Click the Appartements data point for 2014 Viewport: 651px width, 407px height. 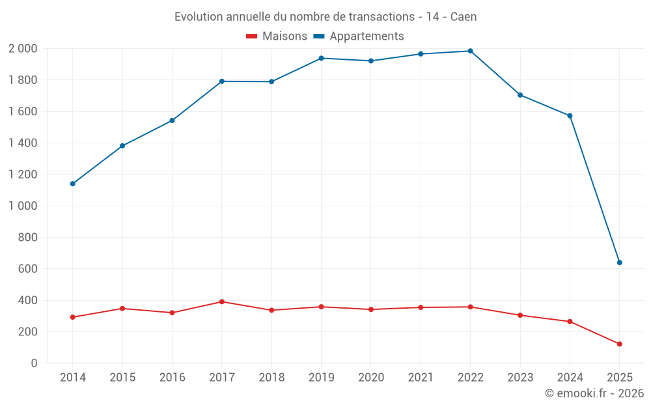(72, 184)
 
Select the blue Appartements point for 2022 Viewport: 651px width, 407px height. (470, 51)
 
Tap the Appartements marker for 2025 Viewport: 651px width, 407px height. (619, 262)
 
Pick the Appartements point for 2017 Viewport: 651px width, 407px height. (221, 81)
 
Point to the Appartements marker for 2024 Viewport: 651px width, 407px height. (570, 116)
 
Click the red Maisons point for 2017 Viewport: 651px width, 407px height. (221, 302)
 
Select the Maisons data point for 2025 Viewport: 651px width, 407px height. (619, 344)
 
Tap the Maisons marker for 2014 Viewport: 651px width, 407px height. (72, 317)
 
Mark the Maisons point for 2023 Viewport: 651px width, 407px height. (520, 315)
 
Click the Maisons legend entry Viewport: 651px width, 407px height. (277, 36)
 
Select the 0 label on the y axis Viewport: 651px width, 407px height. (34, 363)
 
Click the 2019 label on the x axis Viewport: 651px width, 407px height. (321, 378)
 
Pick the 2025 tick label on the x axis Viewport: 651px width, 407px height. (619, 378)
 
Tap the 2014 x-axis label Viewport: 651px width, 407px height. (72, 378)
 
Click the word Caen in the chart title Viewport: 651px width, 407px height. (464, 17)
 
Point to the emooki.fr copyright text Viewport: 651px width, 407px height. (594, 393)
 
